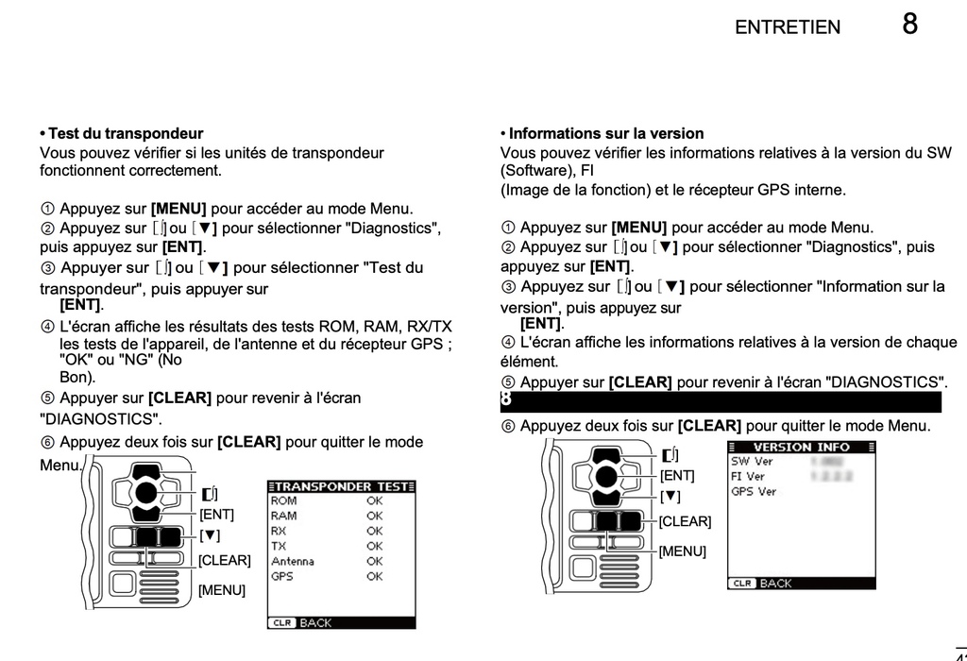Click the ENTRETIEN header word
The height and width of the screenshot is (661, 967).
click(x=787, y=27)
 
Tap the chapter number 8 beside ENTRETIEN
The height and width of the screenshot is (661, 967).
click(x=909, y=24)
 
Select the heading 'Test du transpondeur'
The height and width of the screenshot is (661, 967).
click(x=125, y=134)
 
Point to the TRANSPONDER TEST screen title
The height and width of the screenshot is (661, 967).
click(x=342, y=486)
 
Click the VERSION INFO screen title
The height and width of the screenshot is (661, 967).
click(x=801, y=447)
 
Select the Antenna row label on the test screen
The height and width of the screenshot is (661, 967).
click(x=293, y=561)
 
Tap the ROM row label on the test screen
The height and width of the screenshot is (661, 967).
click(x=283, y=500)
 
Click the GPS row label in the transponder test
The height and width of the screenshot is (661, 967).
click(x=281, y=576)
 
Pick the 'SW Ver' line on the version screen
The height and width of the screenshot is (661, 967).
click(x=752, y=462)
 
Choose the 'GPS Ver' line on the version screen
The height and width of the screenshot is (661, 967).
click(x=754, y=491)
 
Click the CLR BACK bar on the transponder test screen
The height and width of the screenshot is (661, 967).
click(x=342, y=623)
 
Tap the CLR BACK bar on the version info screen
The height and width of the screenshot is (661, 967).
click(x=801, y=584)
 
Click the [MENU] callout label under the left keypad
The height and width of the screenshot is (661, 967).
click(x=222, y=590)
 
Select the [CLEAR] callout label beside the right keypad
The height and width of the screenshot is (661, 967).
click(x=685, y=521)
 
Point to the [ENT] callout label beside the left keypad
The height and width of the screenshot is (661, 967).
click(x=217, y=515)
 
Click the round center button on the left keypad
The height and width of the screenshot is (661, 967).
click(x=145, y=491)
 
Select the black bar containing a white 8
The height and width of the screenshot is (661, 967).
click(x=721, y=401)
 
